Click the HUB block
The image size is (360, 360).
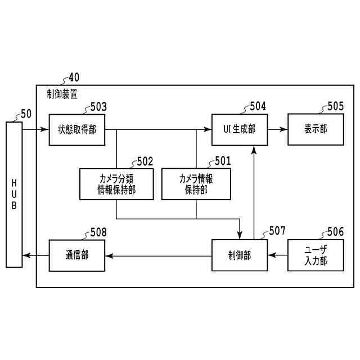pos(15,193)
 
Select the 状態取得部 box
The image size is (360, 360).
pos(76,129)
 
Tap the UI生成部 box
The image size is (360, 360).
pos(239,129)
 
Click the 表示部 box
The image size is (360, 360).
pos(316,129)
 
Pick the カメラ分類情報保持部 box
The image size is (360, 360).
pos(116,184)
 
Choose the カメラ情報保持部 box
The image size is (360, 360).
pos(196,184)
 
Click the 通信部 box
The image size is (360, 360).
pos(76,256)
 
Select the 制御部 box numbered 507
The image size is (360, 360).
pos(239,256)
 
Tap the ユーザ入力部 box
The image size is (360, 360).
pos(316,256)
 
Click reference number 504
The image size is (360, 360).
pos(258,106)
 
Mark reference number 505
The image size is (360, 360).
pos(335,106)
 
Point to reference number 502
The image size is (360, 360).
pos(145,161)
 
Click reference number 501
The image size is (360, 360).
pos(223,161)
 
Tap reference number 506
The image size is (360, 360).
pos(335,232)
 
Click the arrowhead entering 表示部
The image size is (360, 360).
pos(285,129)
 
